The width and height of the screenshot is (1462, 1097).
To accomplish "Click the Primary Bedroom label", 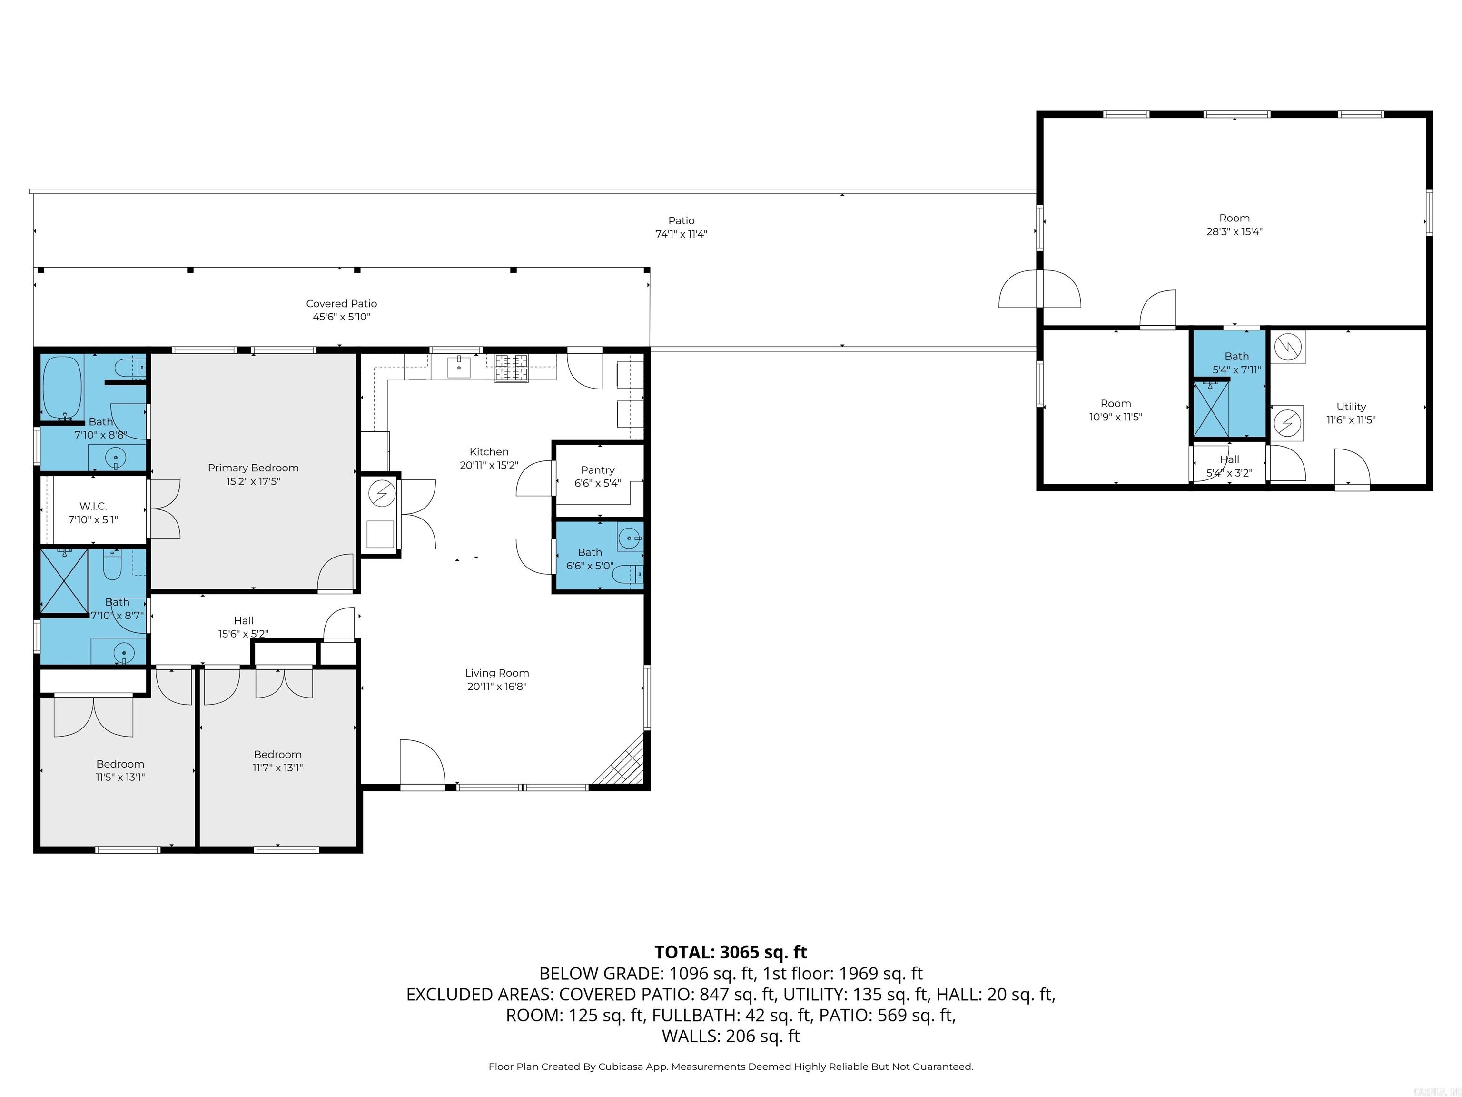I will pyautogui.click(x=253, y=468).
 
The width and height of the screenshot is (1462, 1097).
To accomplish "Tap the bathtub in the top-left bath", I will pyautogui.click(x=62, y=387).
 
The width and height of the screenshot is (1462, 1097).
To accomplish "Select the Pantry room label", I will pyautogui.click(x=597, y=470).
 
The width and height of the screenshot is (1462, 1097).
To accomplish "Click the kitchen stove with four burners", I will pyautogui.click(x=512, y=368).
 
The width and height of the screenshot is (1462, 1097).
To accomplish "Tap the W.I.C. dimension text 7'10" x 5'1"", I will pyautogui.click(x=93, y=520).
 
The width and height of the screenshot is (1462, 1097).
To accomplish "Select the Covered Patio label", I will pyautogui.click(x=341, y=303).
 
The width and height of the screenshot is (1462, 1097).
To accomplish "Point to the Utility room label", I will pyautogui.click(x=1350, y=407).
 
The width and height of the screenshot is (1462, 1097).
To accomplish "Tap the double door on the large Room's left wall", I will pyautogui.click(x=1039, y=289).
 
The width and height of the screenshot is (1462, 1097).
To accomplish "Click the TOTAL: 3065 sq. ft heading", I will pyautogui.click(x=731, y=952).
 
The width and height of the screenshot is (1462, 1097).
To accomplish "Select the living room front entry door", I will pyautogui.click(x=422, y=764).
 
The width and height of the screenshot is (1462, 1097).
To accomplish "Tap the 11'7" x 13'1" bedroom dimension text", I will pyautogui.click(x=277, y=768).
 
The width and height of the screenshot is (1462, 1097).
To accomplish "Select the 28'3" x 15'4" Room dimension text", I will pyautogui.click(x=1234, y=231).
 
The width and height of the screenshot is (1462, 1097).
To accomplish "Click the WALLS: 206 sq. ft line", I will pyautogui.click(x=731, y=1036).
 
